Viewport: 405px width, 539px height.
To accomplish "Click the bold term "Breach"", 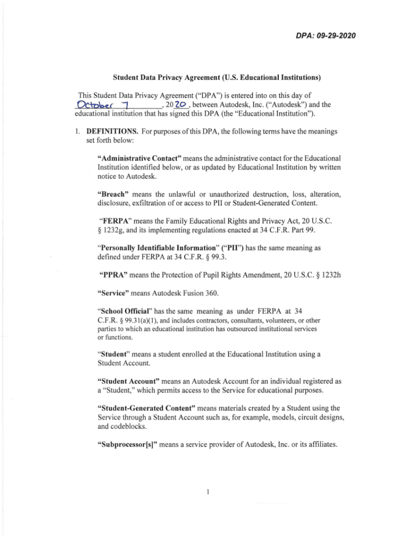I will [x=116, y=192].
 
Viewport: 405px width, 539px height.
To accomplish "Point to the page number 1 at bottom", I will [x=209, y=493].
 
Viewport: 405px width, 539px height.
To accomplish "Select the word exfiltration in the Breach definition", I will [x=152, y=201].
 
